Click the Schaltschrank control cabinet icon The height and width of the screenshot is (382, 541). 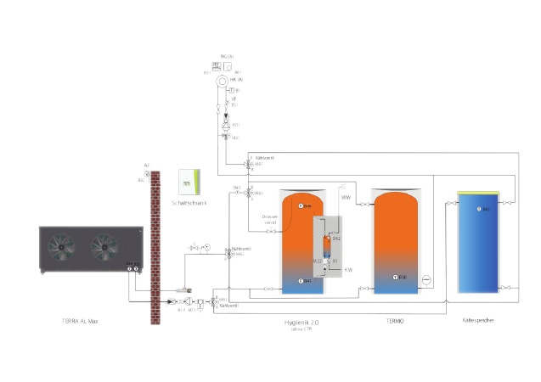(187, 182)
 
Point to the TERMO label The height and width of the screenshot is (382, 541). (394, 322)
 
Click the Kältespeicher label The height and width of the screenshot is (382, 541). (478, 321)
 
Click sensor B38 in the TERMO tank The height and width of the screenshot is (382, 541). (396, 278)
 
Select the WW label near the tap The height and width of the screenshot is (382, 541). (346, 198)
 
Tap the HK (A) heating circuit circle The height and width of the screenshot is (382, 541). (223, 81)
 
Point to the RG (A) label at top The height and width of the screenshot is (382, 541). (227, 57)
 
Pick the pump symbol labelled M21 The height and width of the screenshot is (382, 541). (226, 124)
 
